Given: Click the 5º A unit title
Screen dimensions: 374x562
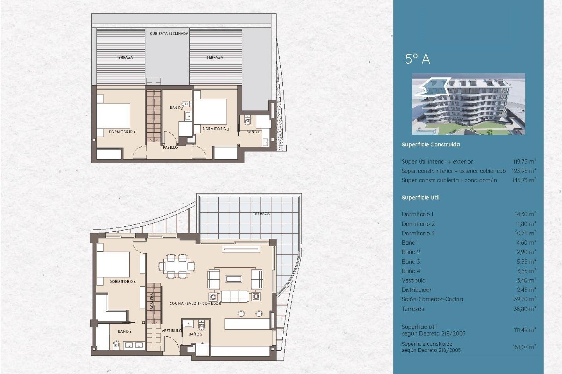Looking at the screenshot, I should [x=417, y=59].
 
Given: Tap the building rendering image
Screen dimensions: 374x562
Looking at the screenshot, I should [x=468, y=104].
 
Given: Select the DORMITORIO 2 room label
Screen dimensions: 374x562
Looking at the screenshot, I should [x=122, y=132].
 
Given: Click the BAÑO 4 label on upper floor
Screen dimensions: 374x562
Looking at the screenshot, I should [x=253, y=132].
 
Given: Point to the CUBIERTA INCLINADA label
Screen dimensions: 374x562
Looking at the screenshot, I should [x=169, y=34].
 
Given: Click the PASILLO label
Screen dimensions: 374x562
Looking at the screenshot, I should [x=170, y=148].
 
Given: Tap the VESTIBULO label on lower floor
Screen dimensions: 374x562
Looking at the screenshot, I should [x=172, y=330].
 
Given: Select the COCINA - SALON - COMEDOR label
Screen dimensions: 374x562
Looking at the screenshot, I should [x=195, y=304].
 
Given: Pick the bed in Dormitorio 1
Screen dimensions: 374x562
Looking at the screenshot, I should [x=113, y=265].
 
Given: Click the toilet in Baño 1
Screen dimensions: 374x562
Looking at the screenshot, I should [x=116, y=345].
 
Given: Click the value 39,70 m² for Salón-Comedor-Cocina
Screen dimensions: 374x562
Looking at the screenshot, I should [x=525, y=299].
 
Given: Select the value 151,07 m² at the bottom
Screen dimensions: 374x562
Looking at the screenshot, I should [x=524, y=347].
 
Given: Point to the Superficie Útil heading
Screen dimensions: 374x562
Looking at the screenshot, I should [x=420, y=198].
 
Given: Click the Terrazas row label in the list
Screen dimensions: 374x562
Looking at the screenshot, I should [x=413, y=309].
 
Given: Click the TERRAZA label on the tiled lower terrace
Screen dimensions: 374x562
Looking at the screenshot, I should [x=261, y=214].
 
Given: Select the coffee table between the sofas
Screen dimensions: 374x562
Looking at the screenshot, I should [x=233, y=279].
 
